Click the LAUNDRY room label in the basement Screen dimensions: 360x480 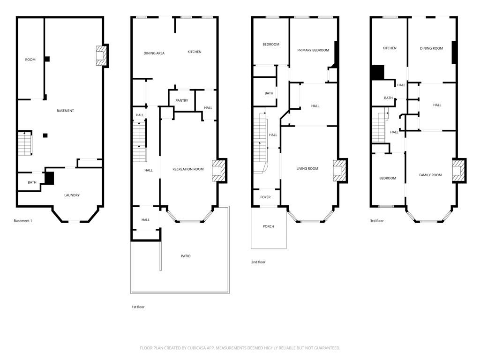coord(72,195)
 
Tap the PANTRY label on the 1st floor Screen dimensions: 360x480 coord(181,101)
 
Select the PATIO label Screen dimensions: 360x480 coord(186,256)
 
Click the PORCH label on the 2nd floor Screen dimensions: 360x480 coord(268,226)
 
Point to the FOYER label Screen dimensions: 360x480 coord(265,197)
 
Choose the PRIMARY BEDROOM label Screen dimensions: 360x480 coord(313,50)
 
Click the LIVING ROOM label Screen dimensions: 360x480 coord(307,169)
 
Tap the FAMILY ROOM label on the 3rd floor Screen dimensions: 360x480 coord(430,175)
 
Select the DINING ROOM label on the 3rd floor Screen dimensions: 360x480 coord(431,48)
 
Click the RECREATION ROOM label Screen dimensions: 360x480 coord(187,169)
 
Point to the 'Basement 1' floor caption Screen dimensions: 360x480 coord(22,221)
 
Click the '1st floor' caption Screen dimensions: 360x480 coord(138,307)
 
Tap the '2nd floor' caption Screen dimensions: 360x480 coord(258,262)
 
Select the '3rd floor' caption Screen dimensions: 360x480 coord(376,220)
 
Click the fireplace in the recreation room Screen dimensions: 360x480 coord(219,170)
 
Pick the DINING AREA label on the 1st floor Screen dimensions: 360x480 coord(154,53)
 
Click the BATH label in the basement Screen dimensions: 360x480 coord(32,182)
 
